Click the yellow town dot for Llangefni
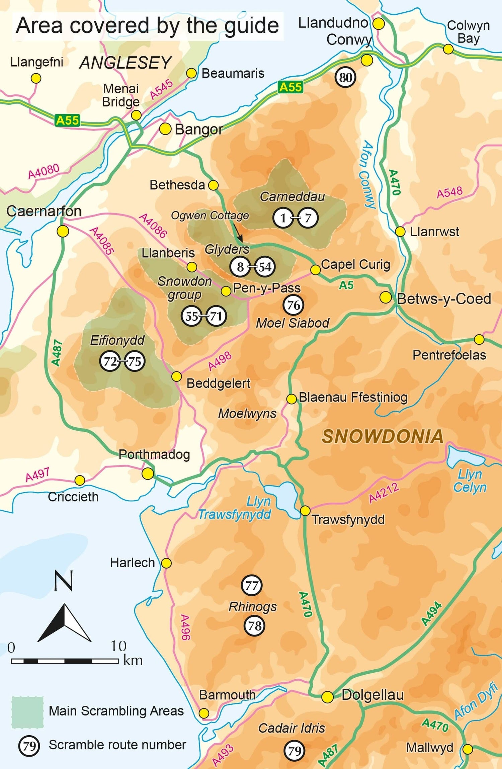[36, 78]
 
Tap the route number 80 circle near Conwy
[345, 77]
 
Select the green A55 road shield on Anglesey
[67, 120]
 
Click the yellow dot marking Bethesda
[213, 185]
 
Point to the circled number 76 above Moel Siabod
[294, 305]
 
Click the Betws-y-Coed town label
[444, 299]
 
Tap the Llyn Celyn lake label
[470, 481]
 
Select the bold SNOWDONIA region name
[383, 436]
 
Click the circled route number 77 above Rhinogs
[252, 585]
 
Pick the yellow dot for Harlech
[166, 563]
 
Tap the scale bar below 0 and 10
[65, 661]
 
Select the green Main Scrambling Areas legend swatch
[27, 712]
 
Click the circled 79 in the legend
[29, 746]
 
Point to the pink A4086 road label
[153, 226]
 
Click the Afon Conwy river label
[367, 174]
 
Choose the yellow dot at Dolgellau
[327, 697]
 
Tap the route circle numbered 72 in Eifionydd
[110, 361]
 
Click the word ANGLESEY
[125, 63]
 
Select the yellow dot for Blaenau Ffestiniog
[291, 399]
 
